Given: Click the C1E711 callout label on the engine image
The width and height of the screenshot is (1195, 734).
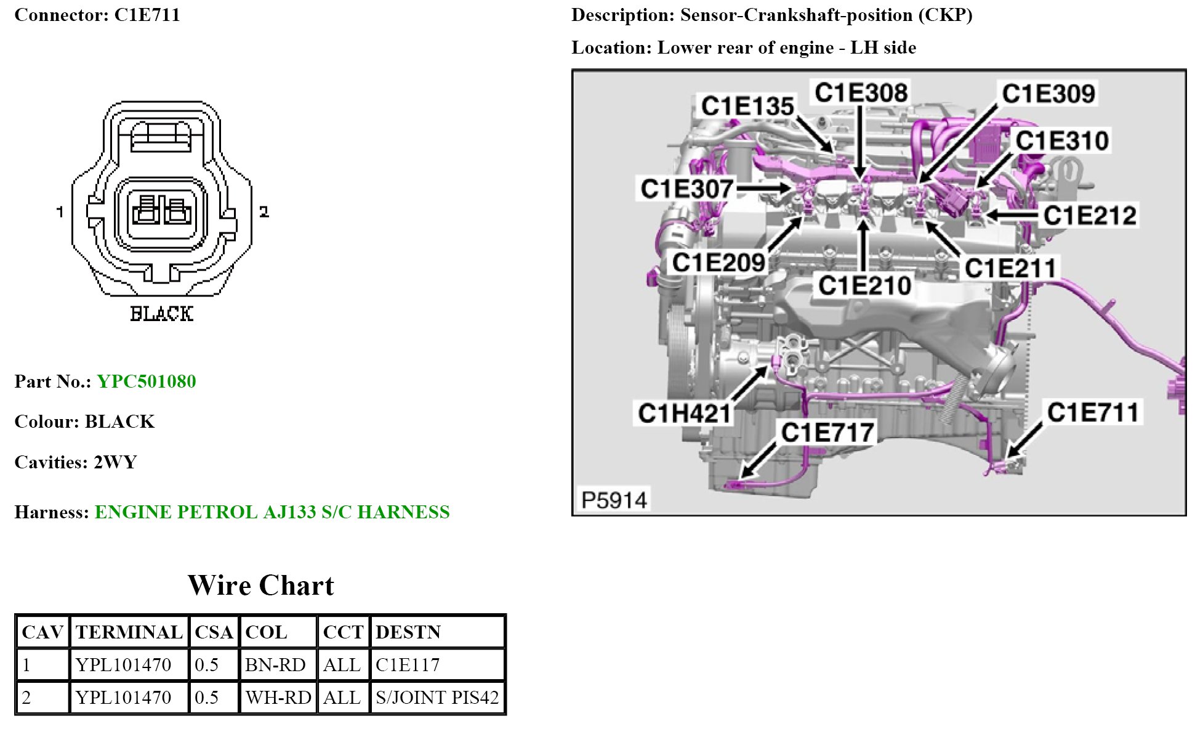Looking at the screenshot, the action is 1093,412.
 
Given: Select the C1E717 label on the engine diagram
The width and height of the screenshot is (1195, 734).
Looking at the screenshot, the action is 827,433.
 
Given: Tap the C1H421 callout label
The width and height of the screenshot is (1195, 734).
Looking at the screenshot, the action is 684,413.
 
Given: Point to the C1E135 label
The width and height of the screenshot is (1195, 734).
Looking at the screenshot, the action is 747,106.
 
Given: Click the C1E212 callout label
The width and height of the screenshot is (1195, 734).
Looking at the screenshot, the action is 1090,216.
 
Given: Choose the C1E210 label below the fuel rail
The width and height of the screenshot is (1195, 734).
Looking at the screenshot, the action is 864,285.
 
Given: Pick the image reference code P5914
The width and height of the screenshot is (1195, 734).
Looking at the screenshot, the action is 614,500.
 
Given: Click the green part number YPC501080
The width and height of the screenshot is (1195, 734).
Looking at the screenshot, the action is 147,381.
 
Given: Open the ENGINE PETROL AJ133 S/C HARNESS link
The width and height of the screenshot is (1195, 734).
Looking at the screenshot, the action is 272,512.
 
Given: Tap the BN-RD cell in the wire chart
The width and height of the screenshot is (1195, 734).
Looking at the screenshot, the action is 275,665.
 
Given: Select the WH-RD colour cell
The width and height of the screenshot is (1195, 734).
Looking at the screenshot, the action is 278,698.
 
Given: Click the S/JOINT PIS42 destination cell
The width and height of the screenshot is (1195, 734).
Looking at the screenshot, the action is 437,698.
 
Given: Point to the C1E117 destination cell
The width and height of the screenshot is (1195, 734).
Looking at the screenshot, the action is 408,665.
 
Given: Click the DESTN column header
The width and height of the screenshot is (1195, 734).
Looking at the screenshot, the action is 408,632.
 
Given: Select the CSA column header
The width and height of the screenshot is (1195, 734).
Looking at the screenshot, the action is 214,632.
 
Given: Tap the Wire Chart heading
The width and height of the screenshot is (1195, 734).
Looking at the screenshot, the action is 260,585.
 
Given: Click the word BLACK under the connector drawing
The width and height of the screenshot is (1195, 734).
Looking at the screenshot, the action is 161,314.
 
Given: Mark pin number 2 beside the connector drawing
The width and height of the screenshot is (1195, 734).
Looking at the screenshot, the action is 264,212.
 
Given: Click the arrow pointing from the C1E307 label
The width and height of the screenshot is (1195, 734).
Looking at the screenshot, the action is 763,188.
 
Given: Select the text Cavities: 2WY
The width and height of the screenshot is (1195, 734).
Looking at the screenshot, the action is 76,462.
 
